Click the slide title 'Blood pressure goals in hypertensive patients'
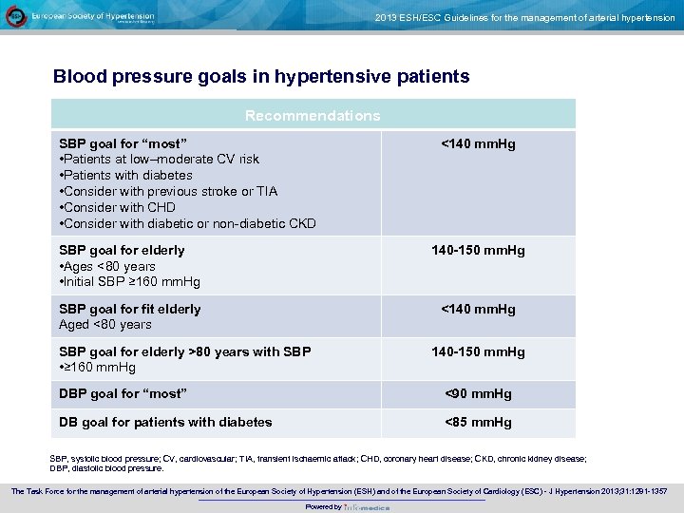[261, 76]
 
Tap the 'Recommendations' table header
[313, 116]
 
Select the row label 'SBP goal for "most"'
[123, 143]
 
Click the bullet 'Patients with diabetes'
[127, 175]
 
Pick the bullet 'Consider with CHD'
[119, 207]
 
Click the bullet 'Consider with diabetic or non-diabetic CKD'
[189, 223]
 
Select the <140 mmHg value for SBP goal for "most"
[478, 143]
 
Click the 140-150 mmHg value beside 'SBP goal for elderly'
[478, 250]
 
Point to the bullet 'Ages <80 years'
[108, 266]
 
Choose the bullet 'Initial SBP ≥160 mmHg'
[131, 282]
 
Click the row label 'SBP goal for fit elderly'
[130, 309]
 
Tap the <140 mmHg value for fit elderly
[478, 309]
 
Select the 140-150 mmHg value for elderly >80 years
[478, 351]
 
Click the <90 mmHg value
[478, 393]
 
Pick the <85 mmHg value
[478, 422]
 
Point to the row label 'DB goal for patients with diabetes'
[165, 422]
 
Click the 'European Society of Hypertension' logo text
[92, 16]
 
